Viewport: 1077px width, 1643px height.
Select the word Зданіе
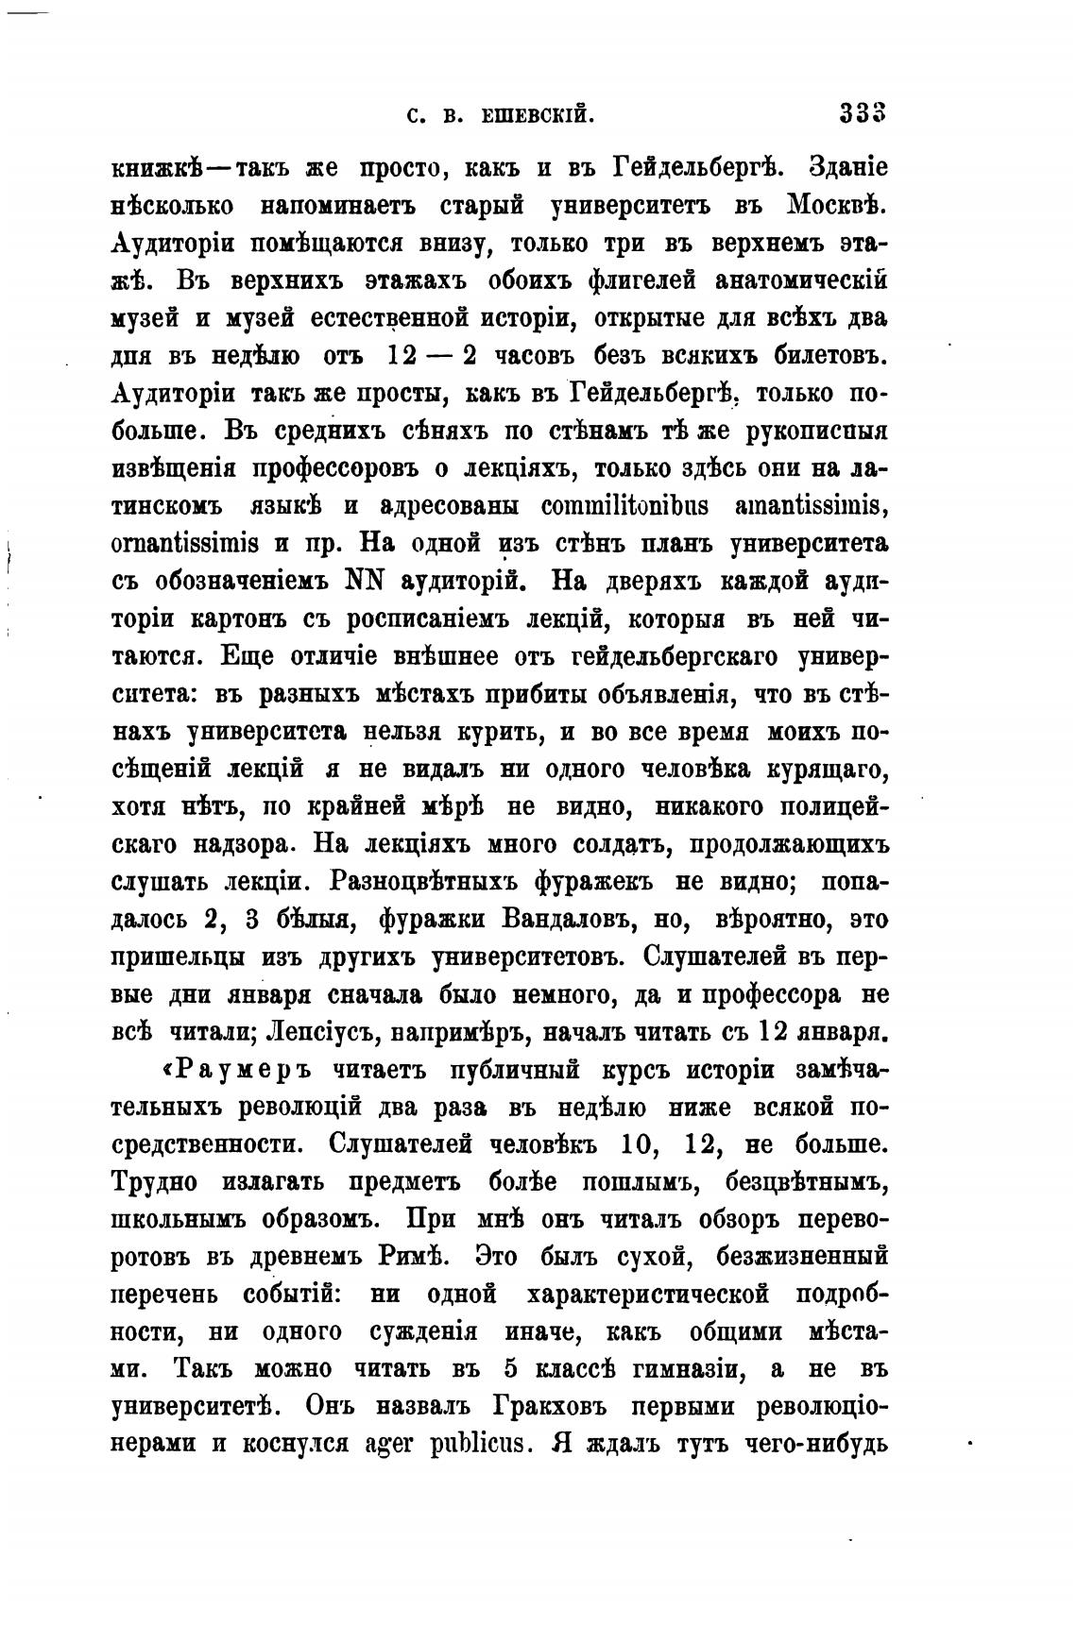pyautogui.click(x=847, y=169)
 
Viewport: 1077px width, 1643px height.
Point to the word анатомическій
pyautogui.click(x=801, y=282)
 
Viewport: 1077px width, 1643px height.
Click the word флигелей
pyautogui.click(x=628, y=282)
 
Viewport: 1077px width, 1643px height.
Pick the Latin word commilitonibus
pyautogui.click(x=624, y=507)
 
